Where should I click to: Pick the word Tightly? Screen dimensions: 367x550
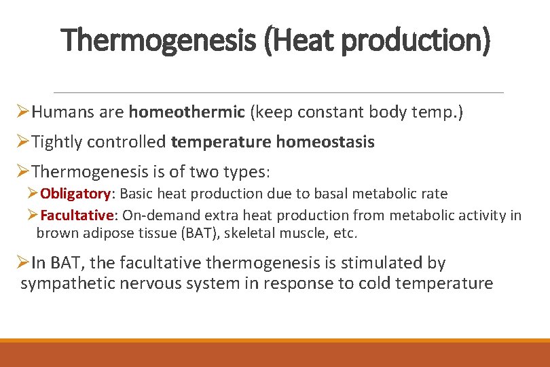click(57, 142)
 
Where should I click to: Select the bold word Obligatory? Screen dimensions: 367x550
click(75, 194)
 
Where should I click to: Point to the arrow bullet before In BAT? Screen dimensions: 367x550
click(22, 262)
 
